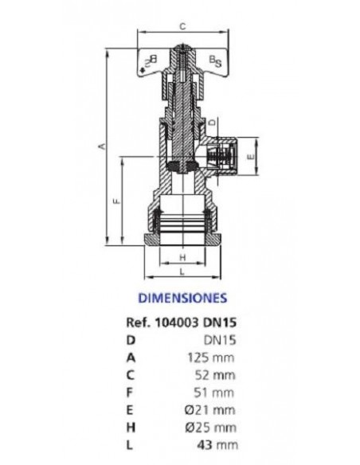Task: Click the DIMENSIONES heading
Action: click(x=182, y=298)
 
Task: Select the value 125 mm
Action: click(x=211, y=358)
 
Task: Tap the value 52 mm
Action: click(x=215, y=375)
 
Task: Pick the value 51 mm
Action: click(x=213, y=393)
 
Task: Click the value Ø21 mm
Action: click(x=210, y=410)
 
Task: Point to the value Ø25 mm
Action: click(x=211, y=428)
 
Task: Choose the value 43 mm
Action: click(x=217, y=445)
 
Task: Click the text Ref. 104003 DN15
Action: click(x=182, y=322)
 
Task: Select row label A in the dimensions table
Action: click(x=131, y=358)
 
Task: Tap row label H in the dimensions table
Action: click(x=131, y=428)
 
